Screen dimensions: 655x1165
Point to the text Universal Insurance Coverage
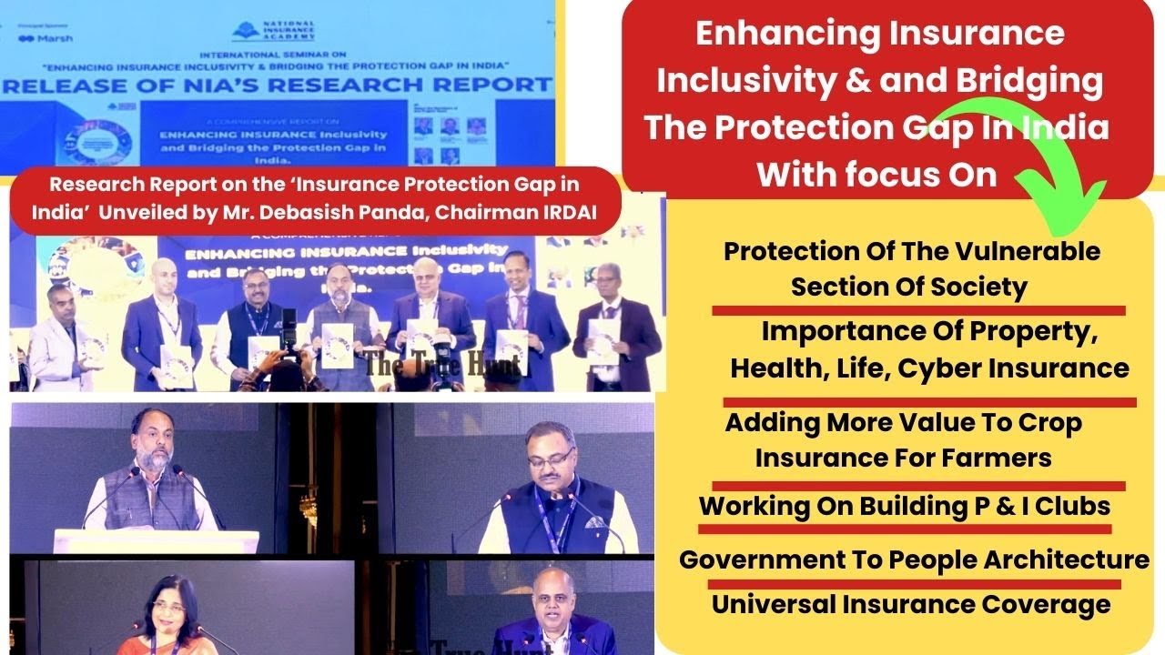tap(910, 604)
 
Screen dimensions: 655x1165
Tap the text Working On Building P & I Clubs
tap(904, 507)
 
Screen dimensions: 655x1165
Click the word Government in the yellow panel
tap(770, 559)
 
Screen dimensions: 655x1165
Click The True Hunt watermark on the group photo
tap(443, 366)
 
